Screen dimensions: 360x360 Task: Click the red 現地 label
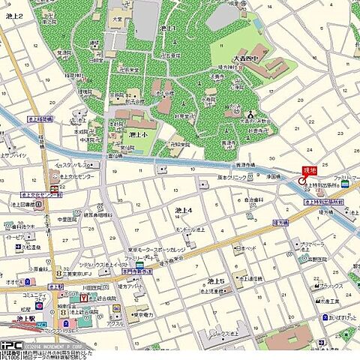coord(310,171)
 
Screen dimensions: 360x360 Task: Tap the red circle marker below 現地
coord(301,181)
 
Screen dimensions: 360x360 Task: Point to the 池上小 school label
coord(139,135)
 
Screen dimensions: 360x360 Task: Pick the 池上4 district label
coord(184,210)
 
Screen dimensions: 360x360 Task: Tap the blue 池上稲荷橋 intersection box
coord(39,118)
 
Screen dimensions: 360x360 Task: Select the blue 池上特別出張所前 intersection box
coord(324,202)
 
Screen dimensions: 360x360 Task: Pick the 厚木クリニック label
coord(232,178)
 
